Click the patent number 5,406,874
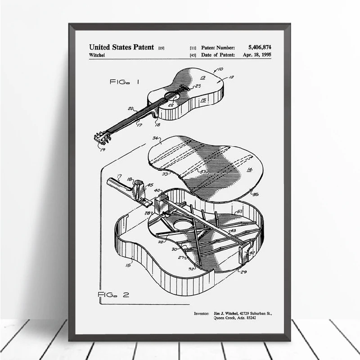(x=259, y=46)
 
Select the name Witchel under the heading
(x=99, y=55)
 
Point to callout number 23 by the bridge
(x=198, y=85)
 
